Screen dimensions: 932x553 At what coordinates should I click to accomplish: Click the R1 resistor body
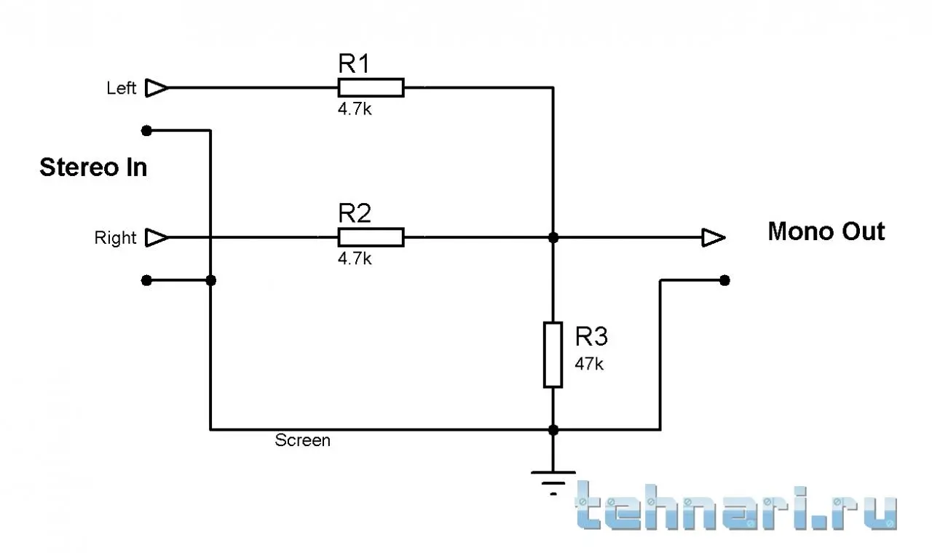[371, 88]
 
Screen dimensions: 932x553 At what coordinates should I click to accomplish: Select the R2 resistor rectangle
[371, 237]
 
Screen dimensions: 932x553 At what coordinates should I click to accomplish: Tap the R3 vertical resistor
[553, 354]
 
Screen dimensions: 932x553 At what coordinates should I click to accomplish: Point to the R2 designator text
[355, 213]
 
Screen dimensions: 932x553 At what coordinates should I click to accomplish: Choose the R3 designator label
[591, 336]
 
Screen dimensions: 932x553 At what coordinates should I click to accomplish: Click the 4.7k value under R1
[355, 109]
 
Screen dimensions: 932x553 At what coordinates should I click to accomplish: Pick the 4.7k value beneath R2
[355, 258]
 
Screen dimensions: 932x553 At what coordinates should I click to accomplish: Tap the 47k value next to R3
[589, 364]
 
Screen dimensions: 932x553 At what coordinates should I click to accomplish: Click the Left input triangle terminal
[157, 88]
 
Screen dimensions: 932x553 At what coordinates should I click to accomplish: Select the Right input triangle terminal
[157, 237]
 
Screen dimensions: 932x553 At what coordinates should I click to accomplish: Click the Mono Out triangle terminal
[714, 237]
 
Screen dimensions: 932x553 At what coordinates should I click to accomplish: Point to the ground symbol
[553, 482]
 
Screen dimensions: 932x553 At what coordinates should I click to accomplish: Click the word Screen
[302, 440]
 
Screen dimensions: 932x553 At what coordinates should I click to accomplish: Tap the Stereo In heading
[93, 167]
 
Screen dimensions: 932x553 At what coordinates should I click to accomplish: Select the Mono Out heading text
[826, 231]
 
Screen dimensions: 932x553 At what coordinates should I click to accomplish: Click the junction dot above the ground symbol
[553, 430]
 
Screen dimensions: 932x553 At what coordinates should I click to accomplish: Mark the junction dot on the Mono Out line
[553, 237]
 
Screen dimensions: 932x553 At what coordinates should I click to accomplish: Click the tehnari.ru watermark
[735, 506]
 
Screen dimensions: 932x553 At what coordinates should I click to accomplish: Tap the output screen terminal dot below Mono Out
[724, 280]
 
